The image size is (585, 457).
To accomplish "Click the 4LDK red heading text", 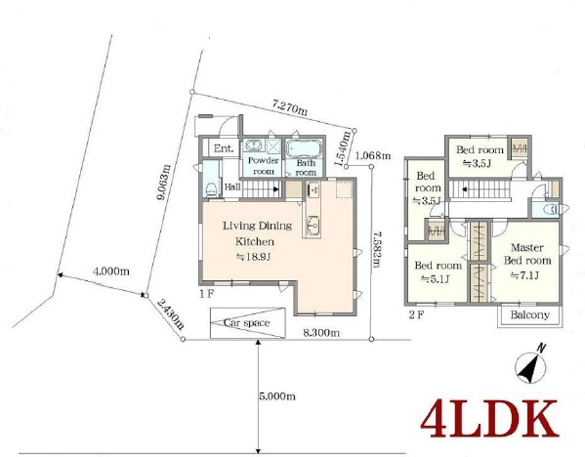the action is click(489, 419).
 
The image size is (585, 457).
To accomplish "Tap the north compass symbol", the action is click(531, 365).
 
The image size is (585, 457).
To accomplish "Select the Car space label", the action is click(246, 322).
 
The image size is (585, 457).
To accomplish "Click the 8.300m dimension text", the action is click(321, 332).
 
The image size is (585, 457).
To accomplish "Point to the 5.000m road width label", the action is click(277, 395).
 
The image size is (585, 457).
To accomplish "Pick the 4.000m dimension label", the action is click(110, 271).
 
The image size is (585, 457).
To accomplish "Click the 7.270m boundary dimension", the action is click(290, 107).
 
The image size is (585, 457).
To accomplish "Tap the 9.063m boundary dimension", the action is click(163, 183).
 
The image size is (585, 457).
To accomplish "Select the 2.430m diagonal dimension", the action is click(170, 314).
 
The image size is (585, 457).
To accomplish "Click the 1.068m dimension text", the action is click(373, 155).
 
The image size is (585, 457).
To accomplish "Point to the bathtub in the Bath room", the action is click(305, 148).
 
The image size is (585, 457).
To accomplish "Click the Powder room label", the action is click(264, 166).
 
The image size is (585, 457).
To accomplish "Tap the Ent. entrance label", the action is click(224, 148).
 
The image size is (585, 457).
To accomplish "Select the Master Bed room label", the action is click(527, 254).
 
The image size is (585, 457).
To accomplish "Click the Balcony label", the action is click(529, 314).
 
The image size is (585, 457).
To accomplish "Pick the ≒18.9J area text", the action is click(253, 257).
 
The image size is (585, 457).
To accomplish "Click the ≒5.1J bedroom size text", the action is click(435, 278).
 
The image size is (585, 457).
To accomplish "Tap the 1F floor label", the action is click(206, 294).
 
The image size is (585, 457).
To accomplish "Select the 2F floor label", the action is click(416, 314).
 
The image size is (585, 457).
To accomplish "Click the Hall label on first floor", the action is click(232, 187).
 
